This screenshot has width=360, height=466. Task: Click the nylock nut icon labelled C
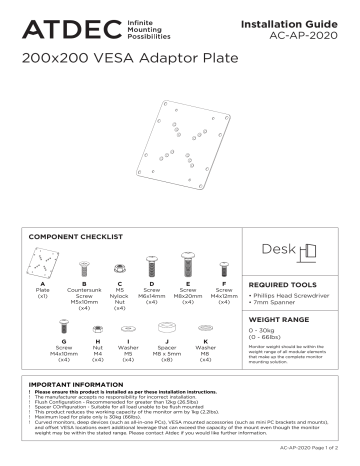coord(120,268)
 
